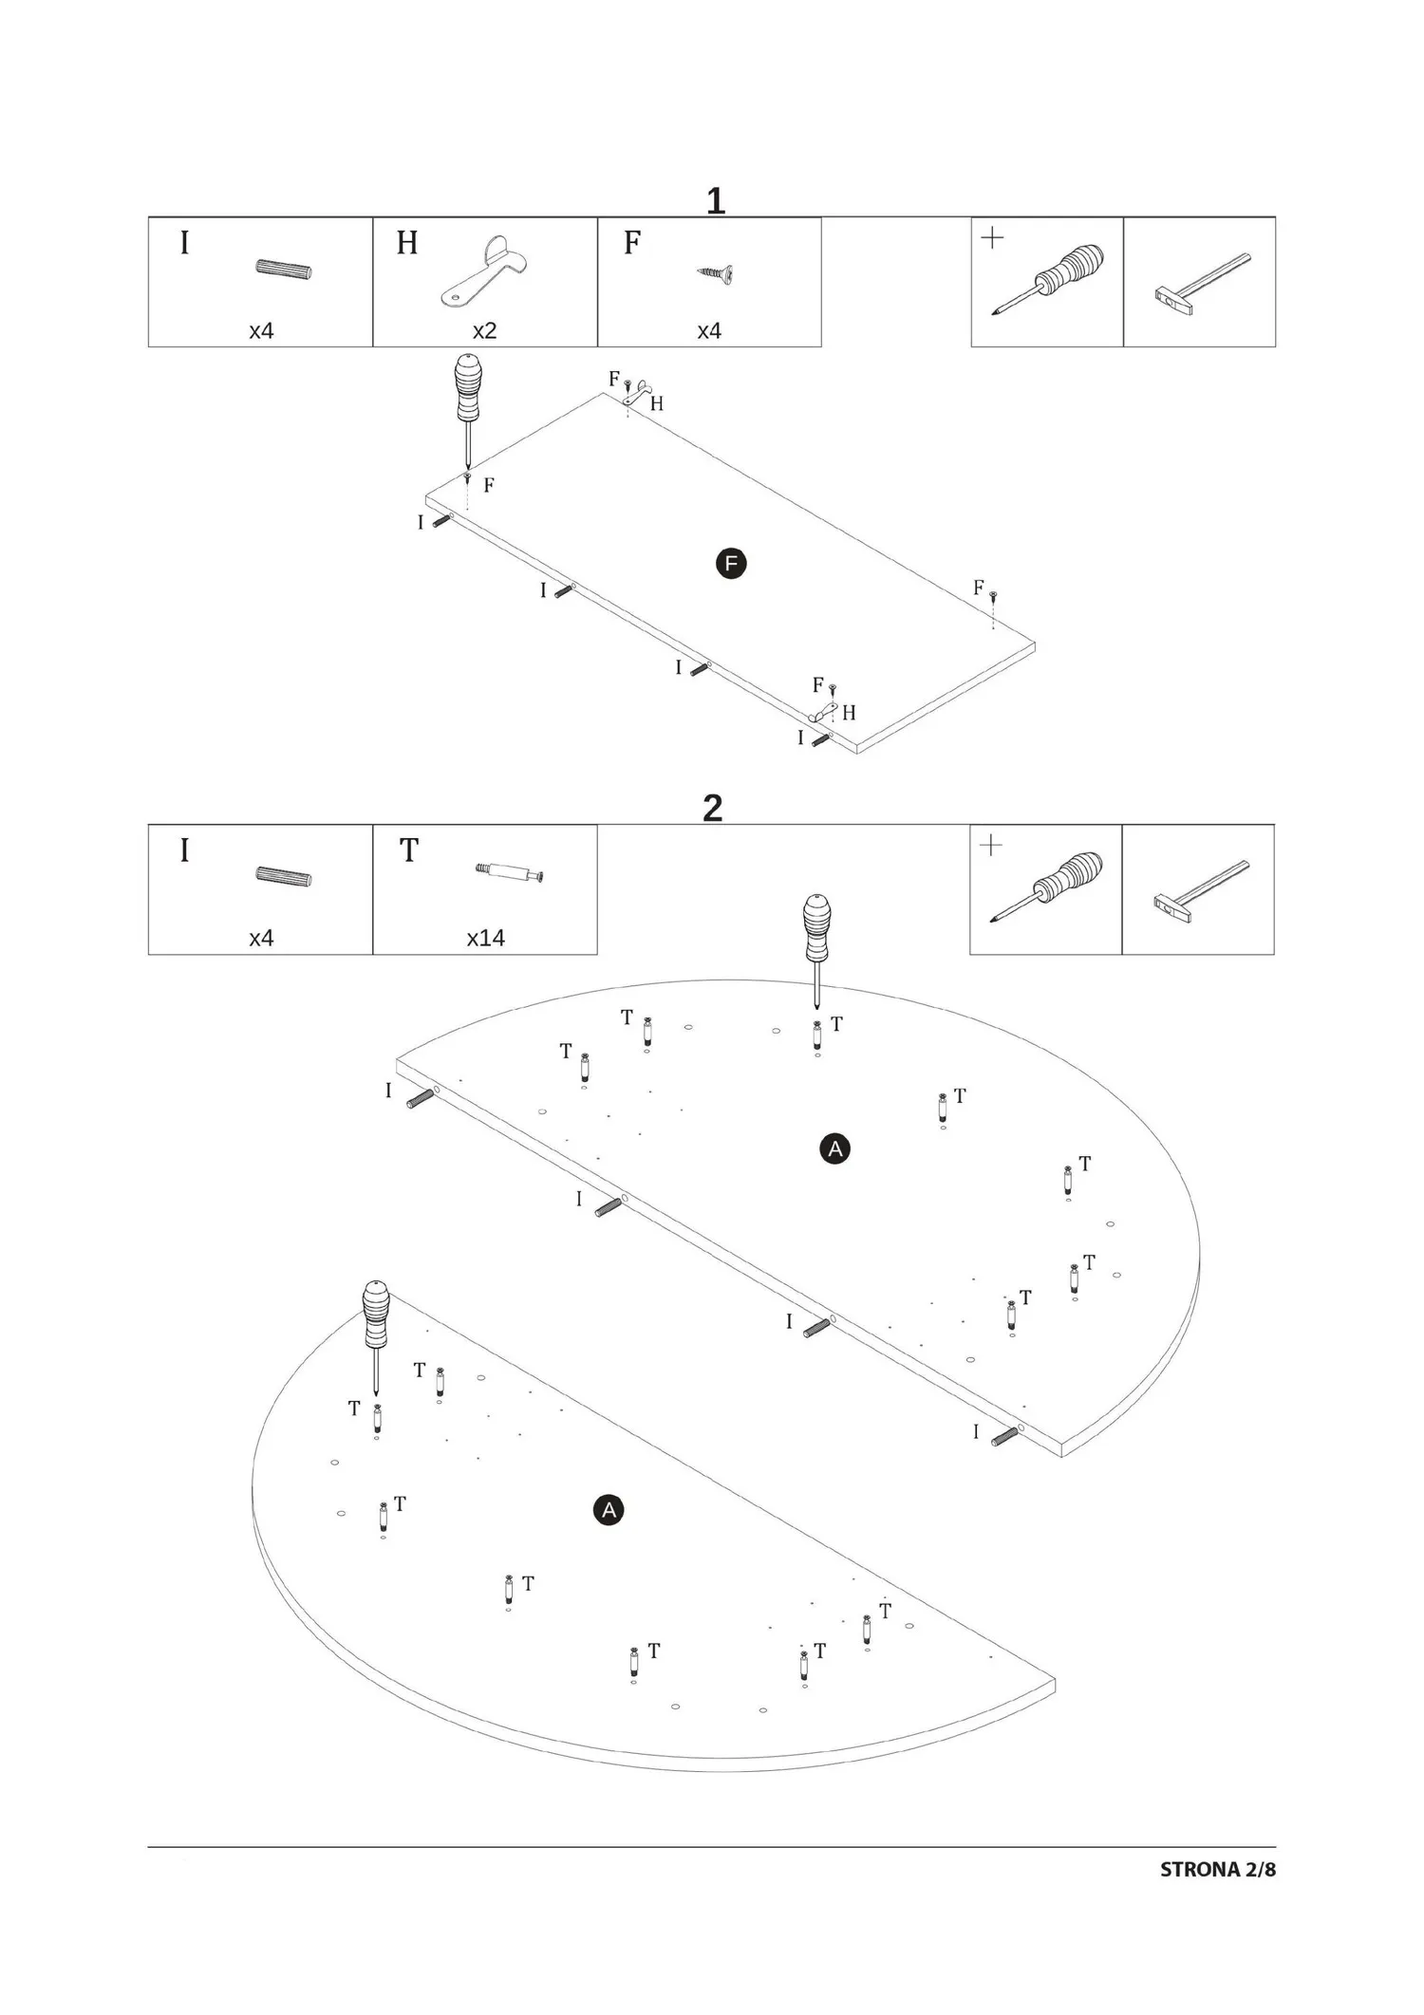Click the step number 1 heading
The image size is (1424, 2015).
tap(716, 201)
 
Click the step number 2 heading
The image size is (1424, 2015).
tap(713, 809)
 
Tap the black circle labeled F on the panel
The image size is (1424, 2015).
tap(731, 564)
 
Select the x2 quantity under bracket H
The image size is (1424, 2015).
tap(485, 330)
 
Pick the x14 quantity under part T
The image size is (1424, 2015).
tap(485, 938)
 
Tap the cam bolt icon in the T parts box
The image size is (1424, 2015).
tap(510, 873)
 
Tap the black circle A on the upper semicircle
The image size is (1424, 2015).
tap(834, 1149)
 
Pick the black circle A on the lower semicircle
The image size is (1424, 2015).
tap(609, 1510)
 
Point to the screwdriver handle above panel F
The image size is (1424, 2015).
tap(468, 386)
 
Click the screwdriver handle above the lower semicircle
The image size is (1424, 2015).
tap(377, 1315)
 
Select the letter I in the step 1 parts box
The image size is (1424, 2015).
tap(185, 244)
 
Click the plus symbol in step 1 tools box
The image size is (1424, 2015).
tap(992, 238)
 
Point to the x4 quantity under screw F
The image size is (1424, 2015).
tap(709, 330)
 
